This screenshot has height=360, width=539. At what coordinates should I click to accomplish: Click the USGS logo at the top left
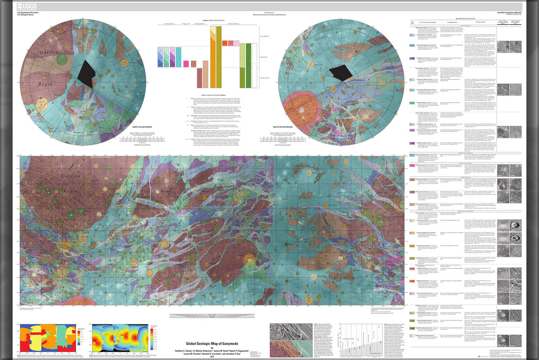[x=26, y=6]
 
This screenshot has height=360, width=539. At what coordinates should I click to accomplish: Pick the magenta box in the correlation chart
[x=187, y=64]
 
